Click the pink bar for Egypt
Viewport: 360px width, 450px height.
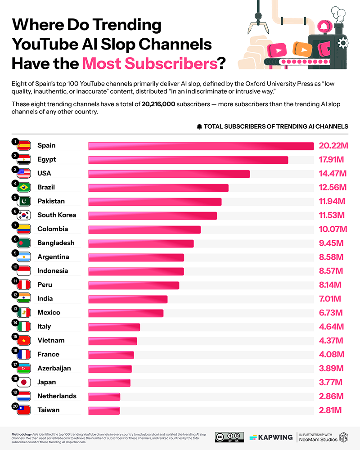(188, 160)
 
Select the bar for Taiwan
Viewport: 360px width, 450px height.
(104, 411)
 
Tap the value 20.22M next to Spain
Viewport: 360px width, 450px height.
(333, 146)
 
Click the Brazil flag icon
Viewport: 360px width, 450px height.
(23, 188)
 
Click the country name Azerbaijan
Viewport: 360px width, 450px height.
(54, 368)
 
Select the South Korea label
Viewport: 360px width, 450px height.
(57, 215)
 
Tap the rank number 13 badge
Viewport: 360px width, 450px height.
(15, 309)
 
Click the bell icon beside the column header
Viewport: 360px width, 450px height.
(199, 126)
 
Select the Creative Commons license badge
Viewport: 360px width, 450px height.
(229, 437)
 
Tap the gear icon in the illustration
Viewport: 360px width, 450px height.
(343, 43)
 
